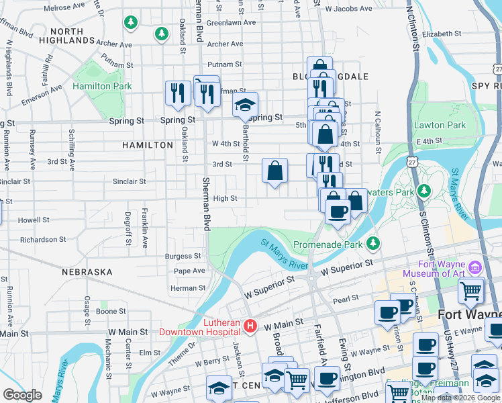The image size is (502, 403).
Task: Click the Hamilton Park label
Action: point(102,87)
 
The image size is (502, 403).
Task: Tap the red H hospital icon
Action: point(250,326)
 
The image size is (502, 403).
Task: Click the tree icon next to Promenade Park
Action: point(374,243)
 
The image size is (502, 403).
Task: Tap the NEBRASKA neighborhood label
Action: point(87,272)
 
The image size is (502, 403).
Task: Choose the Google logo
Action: point(22,394)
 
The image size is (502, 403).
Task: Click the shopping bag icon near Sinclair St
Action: point(275,171)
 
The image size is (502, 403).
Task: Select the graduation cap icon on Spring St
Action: point(246,105)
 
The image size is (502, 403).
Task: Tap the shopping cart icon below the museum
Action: point(471,290)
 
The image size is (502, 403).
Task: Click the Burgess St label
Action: point(183,256)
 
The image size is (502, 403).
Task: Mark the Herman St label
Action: point(187,288)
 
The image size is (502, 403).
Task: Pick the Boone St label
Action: point(111,311)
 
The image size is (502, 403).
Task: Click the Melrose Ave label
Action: point(64,7)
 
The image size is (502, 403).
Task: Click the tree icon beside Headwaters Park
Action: point(423,191)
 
